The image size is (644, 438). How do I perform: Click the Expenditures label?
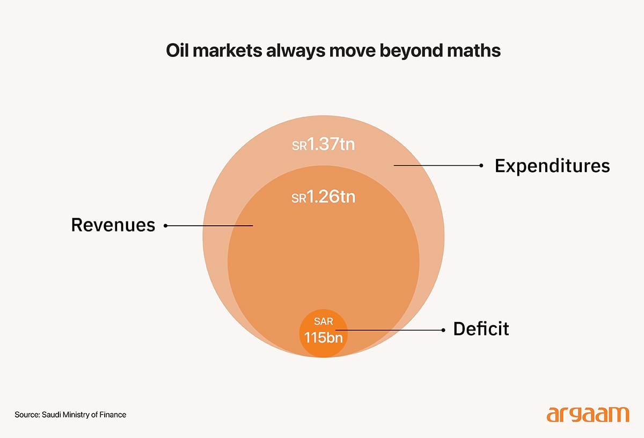click(552, 166)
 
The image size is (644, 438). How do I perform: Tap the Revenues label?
click(113, 225)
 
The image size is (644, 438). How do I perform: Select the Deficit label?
click(481, 328)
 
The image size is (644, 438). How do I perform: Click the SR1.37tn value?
click(324, 145)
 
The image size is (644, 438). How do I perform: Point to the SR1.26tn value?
click(324, 197)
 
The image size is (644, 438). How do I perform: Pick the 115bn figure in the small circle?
click(323, 338)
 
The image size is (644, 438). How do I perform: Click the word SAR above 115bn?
click(324, 322)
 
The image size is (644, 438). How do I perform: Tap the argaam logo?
click(588, 414)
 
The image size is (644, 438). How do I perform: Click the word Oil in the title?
click(177, 51)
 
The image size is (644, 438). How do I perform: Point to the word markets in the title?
click(225, 51)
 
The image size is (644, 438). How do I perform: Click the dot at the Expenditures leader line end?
click(481, 166)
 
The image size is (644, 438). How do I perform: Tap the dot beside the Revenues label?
click(165, 226)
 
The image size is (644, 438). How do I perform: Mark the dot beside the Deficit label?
click(443, 330)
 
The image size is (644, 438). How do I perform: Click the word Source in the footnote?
click(26, 414)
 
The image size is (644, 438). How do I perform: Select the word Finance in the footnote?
click(113, 414)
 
